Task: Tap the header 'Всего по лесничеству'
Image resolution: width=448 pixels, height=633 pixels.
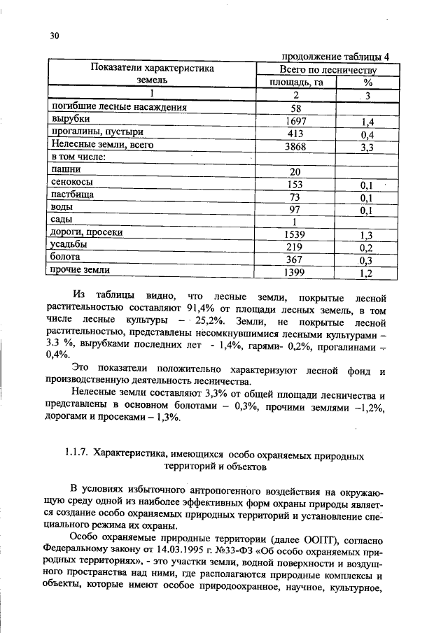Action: (x=328, y=70)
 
